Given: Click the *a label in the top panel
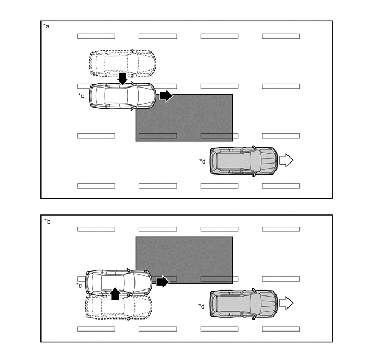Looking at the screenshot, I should coord(46,27).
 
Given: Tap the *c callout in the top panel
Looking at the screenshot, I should coord(81,96).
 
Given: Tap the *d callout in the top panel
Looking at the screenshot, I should coord(203,160).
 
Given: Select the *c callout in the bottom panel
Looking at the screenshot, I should coord(80,285).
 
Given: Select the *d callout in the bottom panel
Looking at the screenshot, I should coord(202,305).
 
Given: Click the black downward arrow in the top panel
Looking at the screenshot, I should coord(122,78).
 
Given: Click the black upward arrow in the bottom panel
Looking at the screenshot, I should coord(115,293).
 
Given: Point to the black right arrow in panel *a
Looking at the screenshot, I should coord(166,96).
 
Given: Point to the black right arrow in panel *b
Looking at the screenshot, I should coord(163,282).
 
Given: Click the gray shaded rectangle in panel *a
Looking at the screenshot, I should coord(184,118).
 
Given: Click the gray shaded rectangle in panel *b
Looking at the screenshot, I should coord(184,260).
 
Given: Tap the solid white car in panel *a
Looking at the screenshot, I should coord(122,96).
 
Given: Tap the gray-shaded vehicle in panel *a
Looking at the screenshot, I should coord(243,160).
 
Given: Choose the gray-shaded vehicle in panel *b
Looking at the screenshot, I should coord(243,303).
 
